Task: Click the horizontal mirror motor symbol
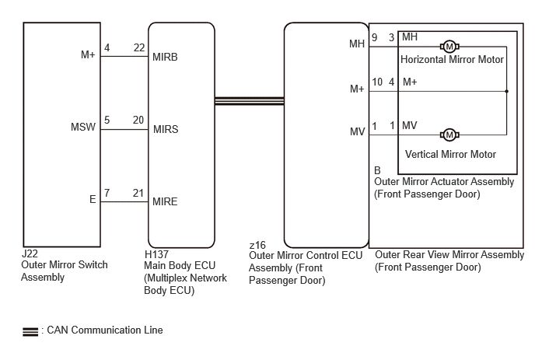tap(449, 47)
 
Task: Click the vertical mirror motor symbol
tap(449, 135)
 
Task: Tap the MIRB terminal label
tap(165, 57)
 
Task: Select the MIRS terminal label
tap(166, 129)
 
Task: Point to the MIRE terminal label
tap(165, 201)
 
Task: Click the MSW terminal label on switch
tap(83, 127)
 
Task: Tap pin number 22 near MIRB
tap(139, 47)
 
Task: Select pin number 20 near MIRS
tap(138, 120)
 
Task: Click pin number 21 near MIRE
tap(138, 193)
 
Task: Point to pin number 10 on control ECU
tap(377, 82)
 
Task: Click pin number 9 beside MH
tap(374, 37)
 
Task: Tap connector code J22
tap(30, 253)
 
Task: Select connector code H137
tap(156, 254)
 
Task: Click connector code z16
tap(257, 245)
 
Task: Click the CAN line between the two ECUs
tap(250, 101)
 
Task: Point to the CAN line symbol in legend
tap(30, 332)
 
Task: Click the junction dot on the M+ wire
tap(507, 91)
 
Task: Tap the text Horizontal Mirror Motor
tap(452, 60)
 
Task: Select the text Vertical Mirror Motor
tap(450, 154)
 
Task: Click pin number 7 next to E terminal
tap(107, 193)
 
